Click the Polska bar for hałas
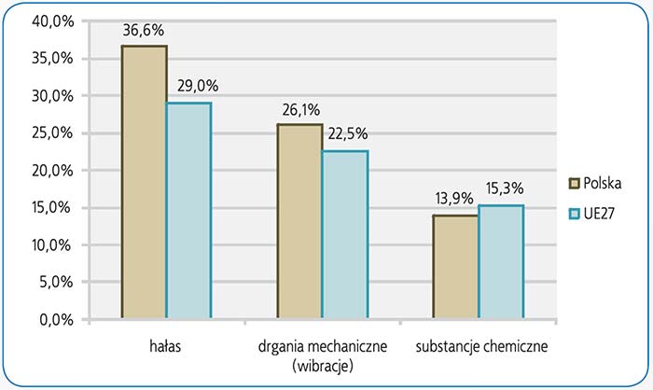[x=144, y=182]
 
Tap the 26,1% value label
[x=299, y=109]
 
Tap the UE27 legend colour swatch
[x=575, y=214]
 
